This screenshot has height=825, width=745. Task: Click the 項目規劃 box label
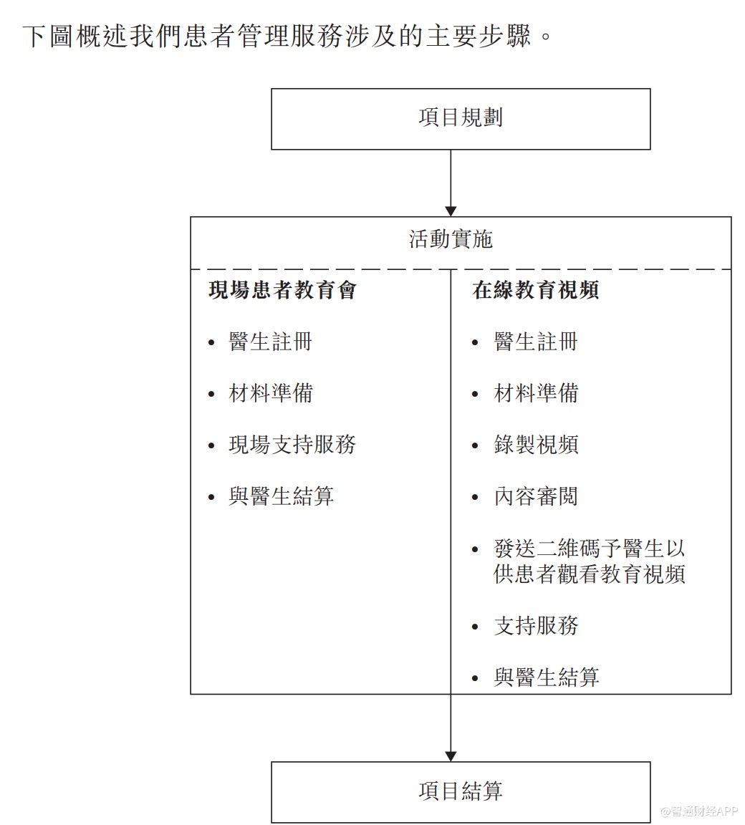coord(461,117)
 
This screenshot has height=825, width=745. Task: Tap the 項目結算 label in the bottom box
coord(461,791)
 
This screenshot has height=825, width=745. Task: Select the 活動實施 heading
coord(451,239)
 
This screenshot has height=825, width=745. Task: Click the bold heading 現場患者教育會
coord(282,290)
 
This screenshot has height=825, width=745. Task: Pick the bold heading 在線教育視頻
coord(536,290)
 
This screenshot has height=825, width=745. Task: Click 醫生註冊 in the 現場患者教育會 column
coord(271,342)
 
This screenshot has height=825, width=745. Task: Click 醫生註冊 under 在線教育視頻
coord(536,342)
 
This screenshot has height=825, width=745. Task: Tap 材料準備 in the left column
coord(271,393)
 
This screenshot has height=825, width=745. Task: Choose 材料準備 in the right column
coord(536,393)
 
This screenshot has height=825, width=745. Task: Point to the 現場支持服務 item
coord(292,445)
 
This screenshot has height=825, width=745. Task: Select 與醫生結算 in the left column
coord(282,496)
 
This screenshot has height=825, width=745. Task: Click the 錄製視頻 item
coord(536,445)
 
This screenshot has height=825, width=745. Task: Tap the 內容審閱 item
coord(536,496)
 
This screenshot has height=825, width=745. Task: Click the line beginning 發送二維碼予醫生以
coord(590,549)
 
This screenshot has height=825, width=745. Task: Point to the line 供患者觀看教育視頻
coord(590,574)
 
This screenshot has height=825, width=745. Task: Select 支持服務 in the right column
coord(536,626)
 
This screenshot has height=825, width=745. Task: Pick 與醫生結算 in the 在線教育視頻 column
coord(547,677)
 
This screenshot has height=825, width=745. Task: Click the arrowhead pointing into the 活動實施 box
coord(451,211)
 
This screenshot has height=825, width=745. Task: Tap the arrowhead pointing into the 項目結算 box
coord(451,756)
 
